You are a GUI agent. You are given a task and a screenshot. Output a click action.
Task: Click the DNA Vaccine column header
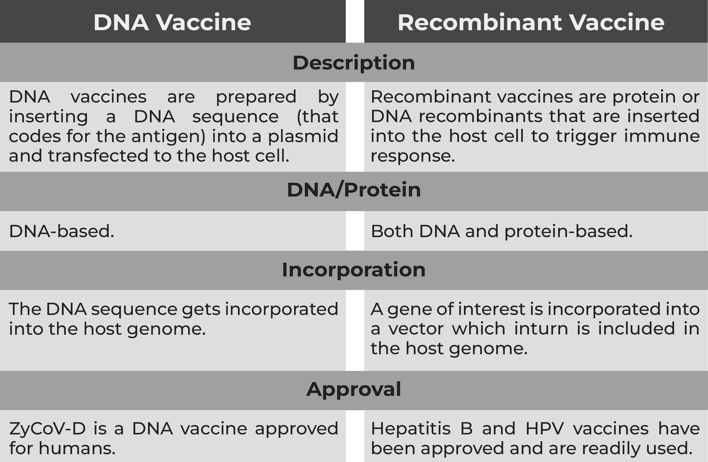tap(172, 22)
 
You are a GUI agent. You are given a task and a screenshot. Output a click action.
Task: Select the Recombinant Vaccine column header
tap(531, 22)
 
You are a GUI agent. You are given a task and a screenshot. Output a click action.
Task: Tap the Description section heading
tap(354, 63)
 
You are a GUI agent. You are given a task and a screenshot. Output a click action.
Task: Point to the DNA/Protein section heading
tap(354, 189)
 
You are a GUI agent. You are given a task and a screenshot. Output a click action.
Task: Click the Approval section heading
tap(354, 389)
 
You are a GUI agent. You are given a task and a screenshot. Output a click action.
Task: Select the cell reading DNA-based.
tap(62, 231)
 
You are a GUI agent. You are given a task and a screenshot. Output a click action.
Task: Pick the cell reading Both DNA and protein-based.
tap(502, 231)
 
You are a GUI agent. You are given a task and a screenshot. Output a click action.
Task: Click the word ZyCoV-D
tap(48, 429)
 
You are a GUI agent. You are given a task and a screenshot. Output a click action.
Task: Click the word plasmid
tap(303, 136)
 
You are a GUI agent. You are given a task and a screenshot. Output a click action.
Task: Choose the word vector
tap(416, 329)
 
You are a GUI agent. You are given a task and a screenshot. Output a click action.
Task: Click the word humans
tap(77, 448)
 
